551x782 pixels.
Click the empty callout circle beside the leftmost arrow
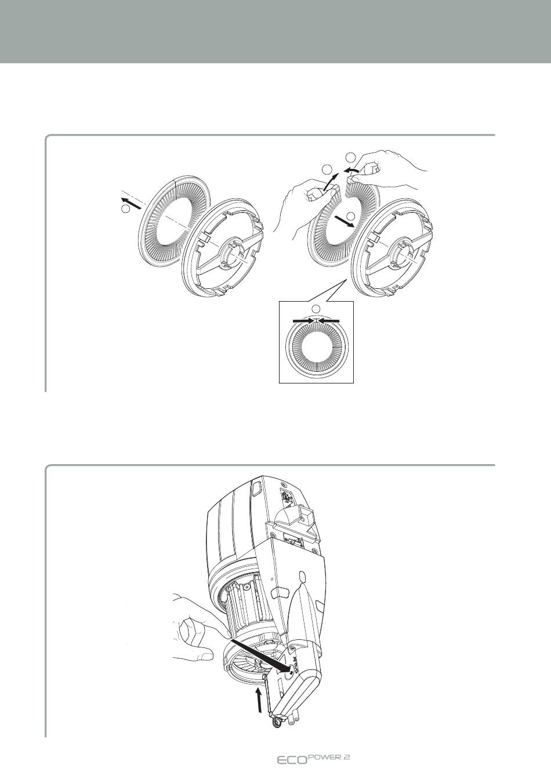point(125,209)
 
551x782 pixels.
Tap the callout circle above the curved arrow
point(350,157)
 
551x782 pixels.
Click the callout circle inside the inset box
point(316,308)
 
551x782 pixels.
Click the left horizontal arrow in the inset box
point(303,320)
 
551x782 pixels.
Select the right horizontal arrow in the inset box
point(328,320)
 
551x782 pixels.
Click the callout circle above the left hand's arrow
point(327,169)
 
